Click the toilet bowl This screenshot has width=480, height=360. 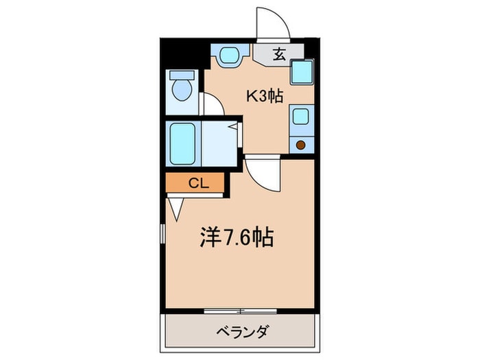182,90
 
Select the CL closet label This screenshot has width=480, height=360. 197,183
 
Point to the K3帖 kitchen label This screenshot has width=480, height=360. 265,97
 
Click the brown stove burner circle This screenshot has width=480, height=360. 300,144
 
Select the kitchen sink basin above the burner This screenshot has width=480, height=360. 300,117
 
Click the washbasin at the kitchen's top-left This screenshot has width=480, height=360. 228,56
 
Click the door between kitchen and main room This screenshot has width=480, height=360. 261,171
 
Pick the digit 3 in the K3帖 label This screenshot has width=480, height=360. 261,97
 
